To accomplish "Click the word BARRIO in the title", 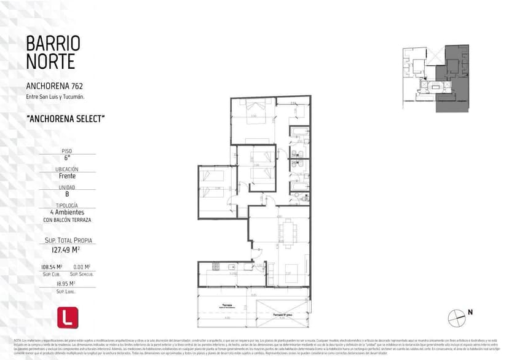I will pos(53,43).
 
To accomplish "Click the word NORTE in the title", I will pos(50,61).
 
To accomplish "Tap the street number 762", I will pos(77,86).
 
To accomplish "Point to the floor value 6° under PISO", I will pos(67,158).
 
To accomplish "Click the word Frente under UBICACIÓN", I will pos(67,176).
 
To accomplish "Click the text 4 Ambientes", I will pos(67,212).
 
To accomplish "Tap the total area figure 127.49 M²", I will pos(67,250).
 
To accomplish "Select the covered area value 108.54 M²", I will pos(52,267).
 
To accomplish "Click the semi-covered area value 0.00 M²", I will pos(82,267).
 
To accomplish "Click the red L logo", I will pos(66,318).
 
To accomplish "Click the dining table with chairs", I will pos(287,232).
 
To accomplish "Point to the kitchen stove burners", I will pos(216,267).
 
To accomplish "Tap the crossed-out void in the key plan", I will pos(433,55).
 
